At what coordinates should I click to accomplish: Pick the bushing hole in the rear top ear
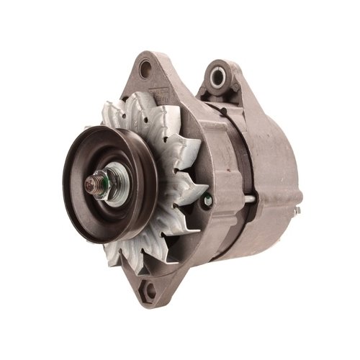[x=217, y=74]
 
